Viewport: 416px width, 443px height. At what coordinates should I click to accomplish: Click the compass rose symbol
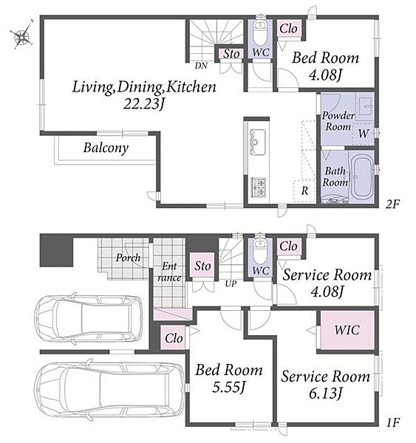coord(21,36)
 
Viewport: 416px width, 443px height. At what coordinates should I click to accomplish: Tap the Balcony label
coord(106,148)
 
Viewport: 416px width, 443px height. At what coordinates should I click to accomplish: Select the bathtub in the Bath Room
coord(361,178)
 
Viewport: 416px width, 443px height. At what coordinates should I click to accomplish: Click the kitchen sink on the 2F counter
coord(257,142)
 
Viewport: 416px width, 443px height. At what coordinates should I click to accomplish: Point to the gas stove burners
coord(258,187)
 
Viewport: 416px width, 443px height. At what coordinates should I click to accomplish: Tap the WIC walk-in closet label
coord(347,330)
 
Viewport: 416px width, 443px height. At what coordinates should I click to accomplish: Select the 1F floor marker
coord(393,422)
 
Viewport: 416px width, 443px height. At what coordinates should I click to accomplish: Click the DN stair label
coord(201,66)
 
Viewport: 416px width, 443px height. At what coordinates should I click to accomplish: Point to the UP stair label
coord(231,284)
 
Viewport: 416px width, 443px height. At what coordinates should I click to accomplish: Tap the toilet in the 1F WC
coord(259,251)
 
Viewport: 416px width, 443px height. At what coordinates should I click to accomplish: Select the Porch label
coord(128,258)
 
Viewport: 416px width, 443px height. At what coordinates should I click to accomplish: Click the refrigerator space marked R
coord(304,190)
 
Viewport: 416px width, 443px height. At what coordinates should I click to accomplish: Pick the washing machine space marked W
coord(364,134)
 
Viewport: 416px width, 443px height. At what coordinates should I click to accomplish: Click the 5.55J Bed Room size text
coord(228,387)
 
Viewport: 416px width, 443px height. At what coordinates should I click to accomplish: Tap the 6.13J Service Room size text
coord(326,393)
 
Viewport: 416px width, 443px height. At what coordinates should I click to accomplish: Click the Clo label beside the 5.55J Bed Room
coord(174,338)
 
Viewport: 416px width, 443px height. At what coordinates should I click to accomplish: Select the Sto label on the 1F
coord(202,266)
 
